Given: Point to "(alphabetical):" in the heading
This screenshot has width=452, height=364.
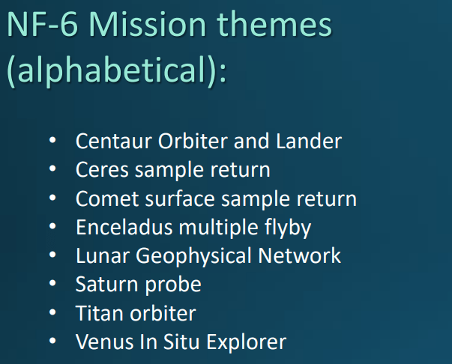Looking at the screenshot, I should pyautogui.click(x=116, y=72).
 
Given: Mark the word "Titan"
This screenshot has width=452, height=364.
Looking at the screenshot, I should pyautogui.click(x=97, y=313).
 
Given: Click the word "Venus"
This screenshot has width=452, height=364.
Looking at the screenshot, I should pyautogui.click(x=103, y=342).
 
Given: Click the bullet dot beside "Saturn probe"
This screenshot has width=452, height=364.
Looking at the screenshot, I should pyautogui.click(x=52, y=285).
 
